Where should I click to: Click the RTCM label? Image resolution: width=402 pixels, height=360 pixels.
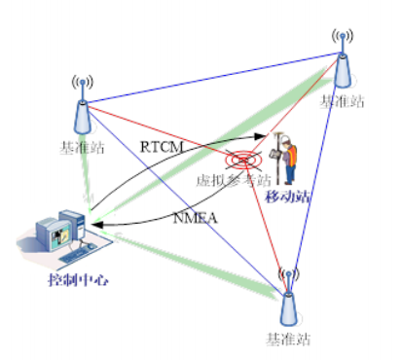(158, 146)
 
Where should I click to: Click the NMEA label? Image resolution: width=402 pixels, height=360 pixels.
(196, 217)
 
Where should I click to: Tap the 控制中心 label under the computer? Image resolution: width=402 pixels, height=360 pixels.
(79, 280)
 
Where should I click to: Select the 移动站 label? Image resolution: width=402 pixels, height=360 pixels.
(285, 196)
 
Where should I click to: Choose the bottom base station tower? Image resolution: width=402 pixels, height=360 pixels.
(286, 304)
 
